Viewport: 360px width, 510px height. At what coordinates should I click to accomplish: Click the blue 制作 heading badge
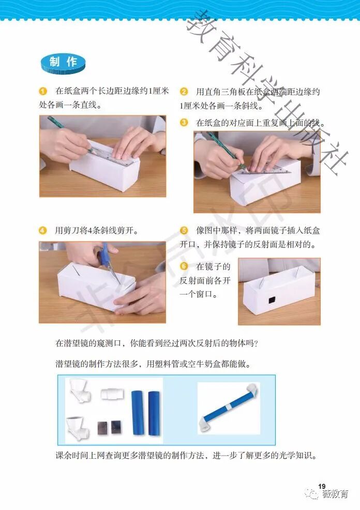63,63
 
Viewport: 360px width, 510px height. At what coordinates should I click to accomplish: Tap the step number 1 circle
43,91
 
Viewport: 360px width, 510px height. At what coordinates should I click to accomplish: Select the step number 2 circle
184,92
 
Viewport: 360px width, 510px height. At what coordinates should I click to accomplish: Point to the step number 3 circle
184,123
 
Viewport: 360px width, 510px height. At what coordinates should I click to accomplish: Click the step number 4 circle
43,231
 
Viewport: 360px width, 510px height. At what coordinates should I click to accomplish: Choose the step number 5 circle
184,231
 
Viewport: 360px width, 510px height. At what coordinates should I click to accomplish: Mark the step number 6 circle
184,266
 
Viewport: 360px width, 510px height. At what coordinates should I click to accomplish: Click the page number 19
322,486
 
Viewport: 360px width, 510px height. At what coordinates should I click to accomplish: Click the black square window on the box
272,300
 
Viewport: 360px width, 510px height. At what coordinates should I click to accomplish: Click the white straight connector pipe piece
113,394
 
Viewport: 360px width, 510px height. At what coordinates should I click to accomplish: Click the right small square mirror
117,427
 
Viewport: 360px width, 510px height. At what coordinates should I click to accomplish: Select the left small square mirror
103,428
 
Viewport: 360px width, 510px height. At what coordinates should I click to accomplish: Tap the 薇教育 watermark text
335,494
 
